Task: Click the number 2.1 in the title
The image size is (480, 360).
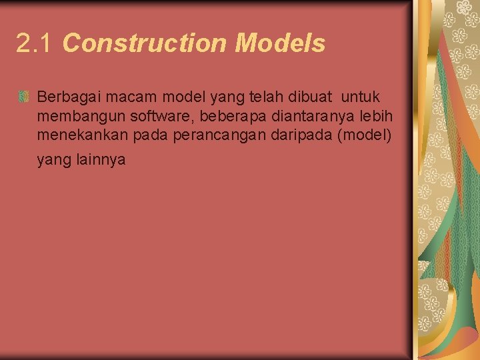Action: click(34, 44)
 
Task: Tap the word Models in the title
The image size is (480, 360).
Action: click(280, 44)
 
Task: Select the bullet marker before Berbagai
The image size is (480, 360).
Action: click(24, 97)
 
